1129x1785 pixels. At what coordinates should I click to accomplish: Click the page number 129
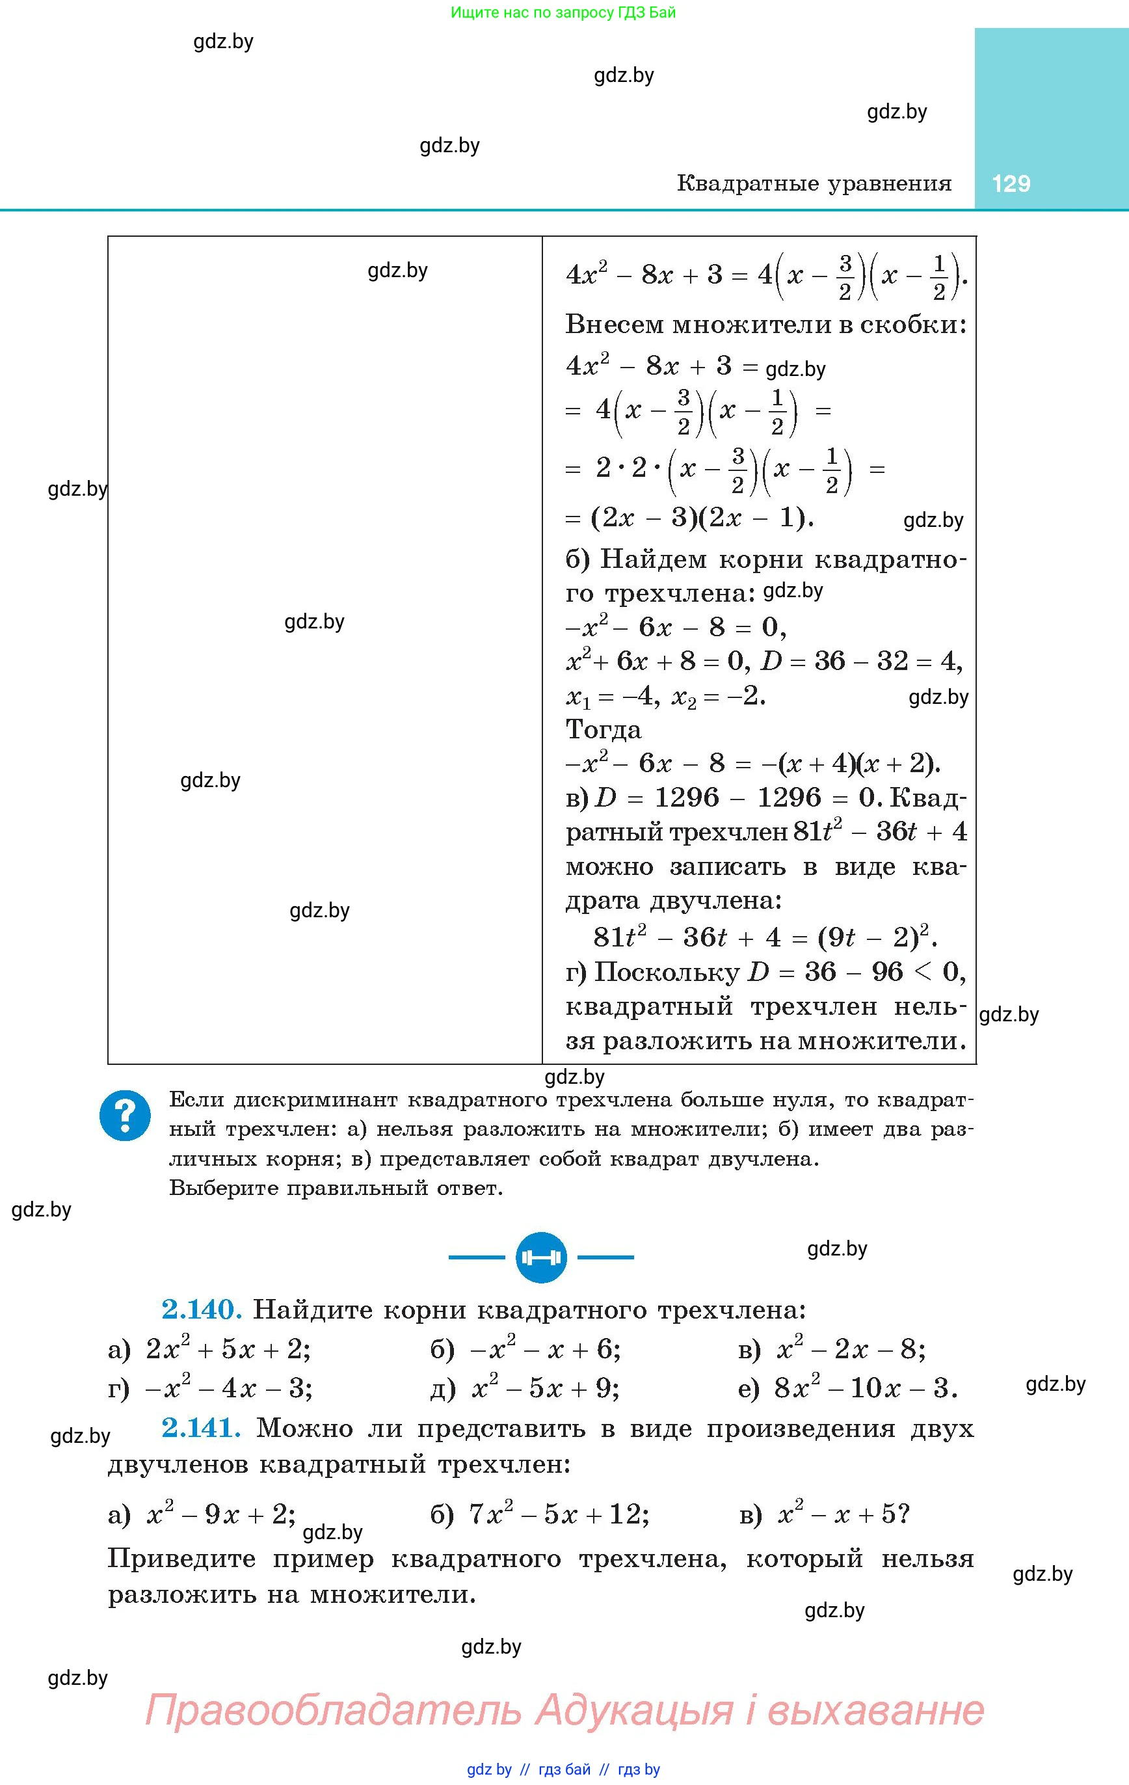pyautogui.click(x=1011, y=184)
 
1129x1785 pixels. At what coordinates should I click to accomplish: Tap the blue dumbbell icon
pyautogui.click(x=541, y=1257)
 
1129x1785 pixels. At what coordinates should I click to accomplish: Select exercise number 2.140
pyautogui.click(x=202, y=1310)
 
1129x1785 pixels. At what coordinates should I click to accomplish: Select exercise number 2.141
pyautogui.click(x=202, y=1428)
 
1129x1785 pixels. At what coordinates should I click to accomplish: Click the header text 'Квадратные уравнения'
pyautogui.click(x=814, y=184)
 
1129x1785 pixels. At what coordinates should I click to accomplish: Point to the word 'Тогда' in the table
pyautogui.click(x=604, y=729)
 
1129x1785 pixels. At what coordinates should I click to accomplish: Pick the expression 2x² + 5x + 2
pyautogui.click(x=228, y=1349)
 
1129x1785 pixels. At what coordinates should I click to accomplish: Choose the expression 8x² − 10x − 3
pyautogui.click(x=866, y=1388)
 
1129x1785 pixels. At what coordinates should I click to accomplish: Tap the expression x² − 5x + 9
pyautogui.click(x=546, y=1388)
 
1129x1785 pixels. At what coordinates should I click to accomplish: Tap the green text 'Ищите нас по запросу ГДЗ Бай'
pyautogui.click(x=563, y=12)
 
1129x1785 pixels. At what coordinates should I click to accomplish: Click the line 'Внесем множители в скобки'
pyautogui.click(x=765, y=324)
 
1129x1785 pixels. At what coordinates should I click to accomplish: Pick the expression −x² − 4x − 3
pyautogui.click(x=228, y=1388)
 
